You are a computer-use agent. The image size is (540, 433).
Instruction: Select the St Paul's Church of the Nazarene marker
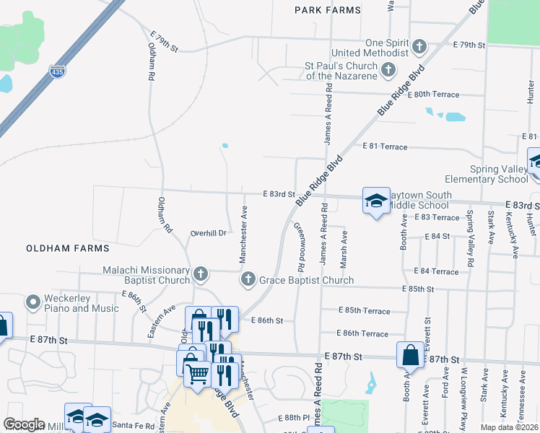(389, 70)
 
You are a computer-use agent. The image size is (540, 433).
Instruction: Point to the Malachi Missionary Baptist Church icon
(201, 274)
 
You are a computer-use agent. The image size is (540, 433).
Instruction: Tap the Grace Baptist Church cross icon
(248, 279)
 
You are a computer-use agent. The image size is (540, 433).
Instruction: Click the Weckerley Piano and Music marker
(32, 302)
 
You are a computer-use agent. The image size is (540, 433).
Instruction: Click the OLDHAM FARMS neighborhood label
(67, 248)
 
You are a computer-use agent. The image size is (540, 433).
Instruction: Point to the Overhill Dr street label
(209, 233)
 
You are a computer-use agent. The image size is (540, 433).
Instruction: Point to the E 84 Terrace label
(436, 271)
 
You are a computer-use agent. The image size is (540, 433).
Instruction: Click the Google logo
(25, 424)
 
